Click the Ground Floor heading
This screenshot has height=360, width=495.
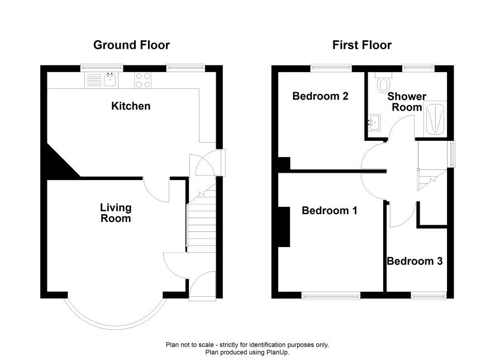(x=131, y=45)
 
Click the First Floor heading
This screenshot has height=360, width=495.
(x=362, y=45)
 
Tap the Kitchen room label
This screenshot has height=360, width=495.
(x=131, y=106)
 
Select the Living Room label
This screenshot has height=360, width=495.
(x=116, y=213)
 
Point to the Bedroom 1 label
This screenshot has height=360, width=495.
(x=330, y=210)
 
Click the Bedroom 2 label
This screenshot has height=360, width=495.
(x=320, y=96)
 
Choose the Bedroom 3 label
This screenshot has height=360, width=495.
(x=415, y=261)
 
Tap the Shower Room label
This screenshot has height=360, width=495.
(x=407, y=102)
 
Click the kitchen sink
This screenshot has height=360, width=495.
(x=101, y=80)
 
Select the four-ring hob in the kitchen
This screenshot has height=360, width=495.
(x=143, y=80)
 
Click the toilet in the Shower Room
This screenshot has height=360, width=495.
(x=384, y=82)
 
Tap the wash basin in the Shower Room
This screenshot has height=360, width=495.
(x=374, y=122)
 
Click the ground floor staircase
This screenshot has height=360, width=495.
(x=202, y=218)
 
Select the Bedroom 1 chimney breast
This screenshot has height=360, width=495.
(x=284, y=227)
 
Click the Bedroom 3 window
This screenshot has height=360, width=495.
(x=429, y=295)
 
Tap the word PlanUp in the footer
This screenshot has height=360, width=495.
(x=278, y=352)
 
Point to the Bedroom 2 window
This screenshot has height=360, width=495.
(x=331, y=68)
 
